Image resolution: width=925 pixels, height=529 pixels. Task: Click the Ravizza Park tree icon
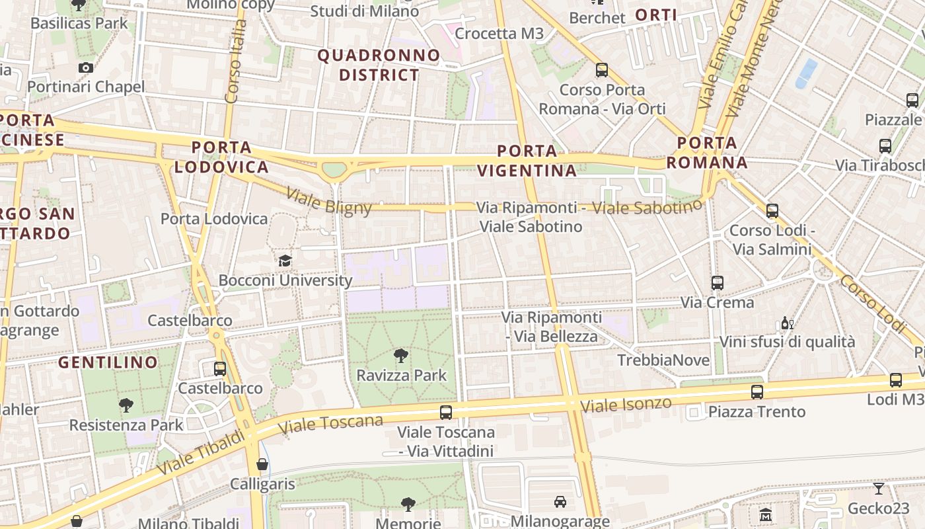[x=400, y=356]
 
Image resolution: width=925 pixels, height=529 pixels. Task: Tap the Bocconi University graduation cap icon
[x=285, y=261]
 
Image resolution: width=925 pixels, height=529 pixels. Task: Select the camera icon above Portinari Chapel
[x=86, y=67]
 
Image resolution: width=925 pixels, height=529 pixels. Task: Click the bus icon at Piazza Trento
[x=757, y=392]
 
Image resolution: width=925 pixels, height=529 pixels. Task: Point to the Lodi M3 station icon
[x=896, y=380]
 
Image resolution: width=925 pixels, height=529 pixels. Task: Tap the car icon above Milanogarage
[x=560, y=502]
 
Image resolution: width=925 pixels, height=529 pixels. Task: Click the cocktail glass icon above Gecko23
[x=879, y=489]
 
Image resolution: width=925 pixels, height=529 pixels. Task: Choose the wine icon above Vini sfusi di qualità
[x=787, y=323]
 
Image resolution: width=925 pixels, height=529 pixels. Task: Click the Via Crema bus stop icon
[x=718, y=283]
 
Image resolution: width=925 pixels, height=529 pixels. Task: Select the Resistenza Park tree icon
[x=126, y=405]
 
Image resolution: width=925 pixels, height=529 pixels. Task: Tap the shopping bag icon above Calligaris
[x=262, y=464]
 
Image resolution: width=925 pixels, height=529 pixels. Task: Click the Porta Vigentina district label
[x=527, y=161]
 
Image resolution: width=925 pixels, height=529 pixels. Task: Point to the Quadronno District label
[x=379, y=65]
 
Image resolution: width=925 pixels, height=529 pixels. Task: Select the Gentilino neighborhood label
[x=108, y=362]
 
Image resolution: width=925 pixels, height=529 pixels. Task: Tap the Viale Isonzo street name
[x=626, y=405]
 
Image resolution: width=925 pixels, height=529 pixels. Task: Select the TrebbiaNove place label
[x=663, y=360]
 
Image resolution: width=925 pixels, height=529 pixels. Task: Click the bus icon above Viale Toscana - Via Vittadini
[x=446, y=413]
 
